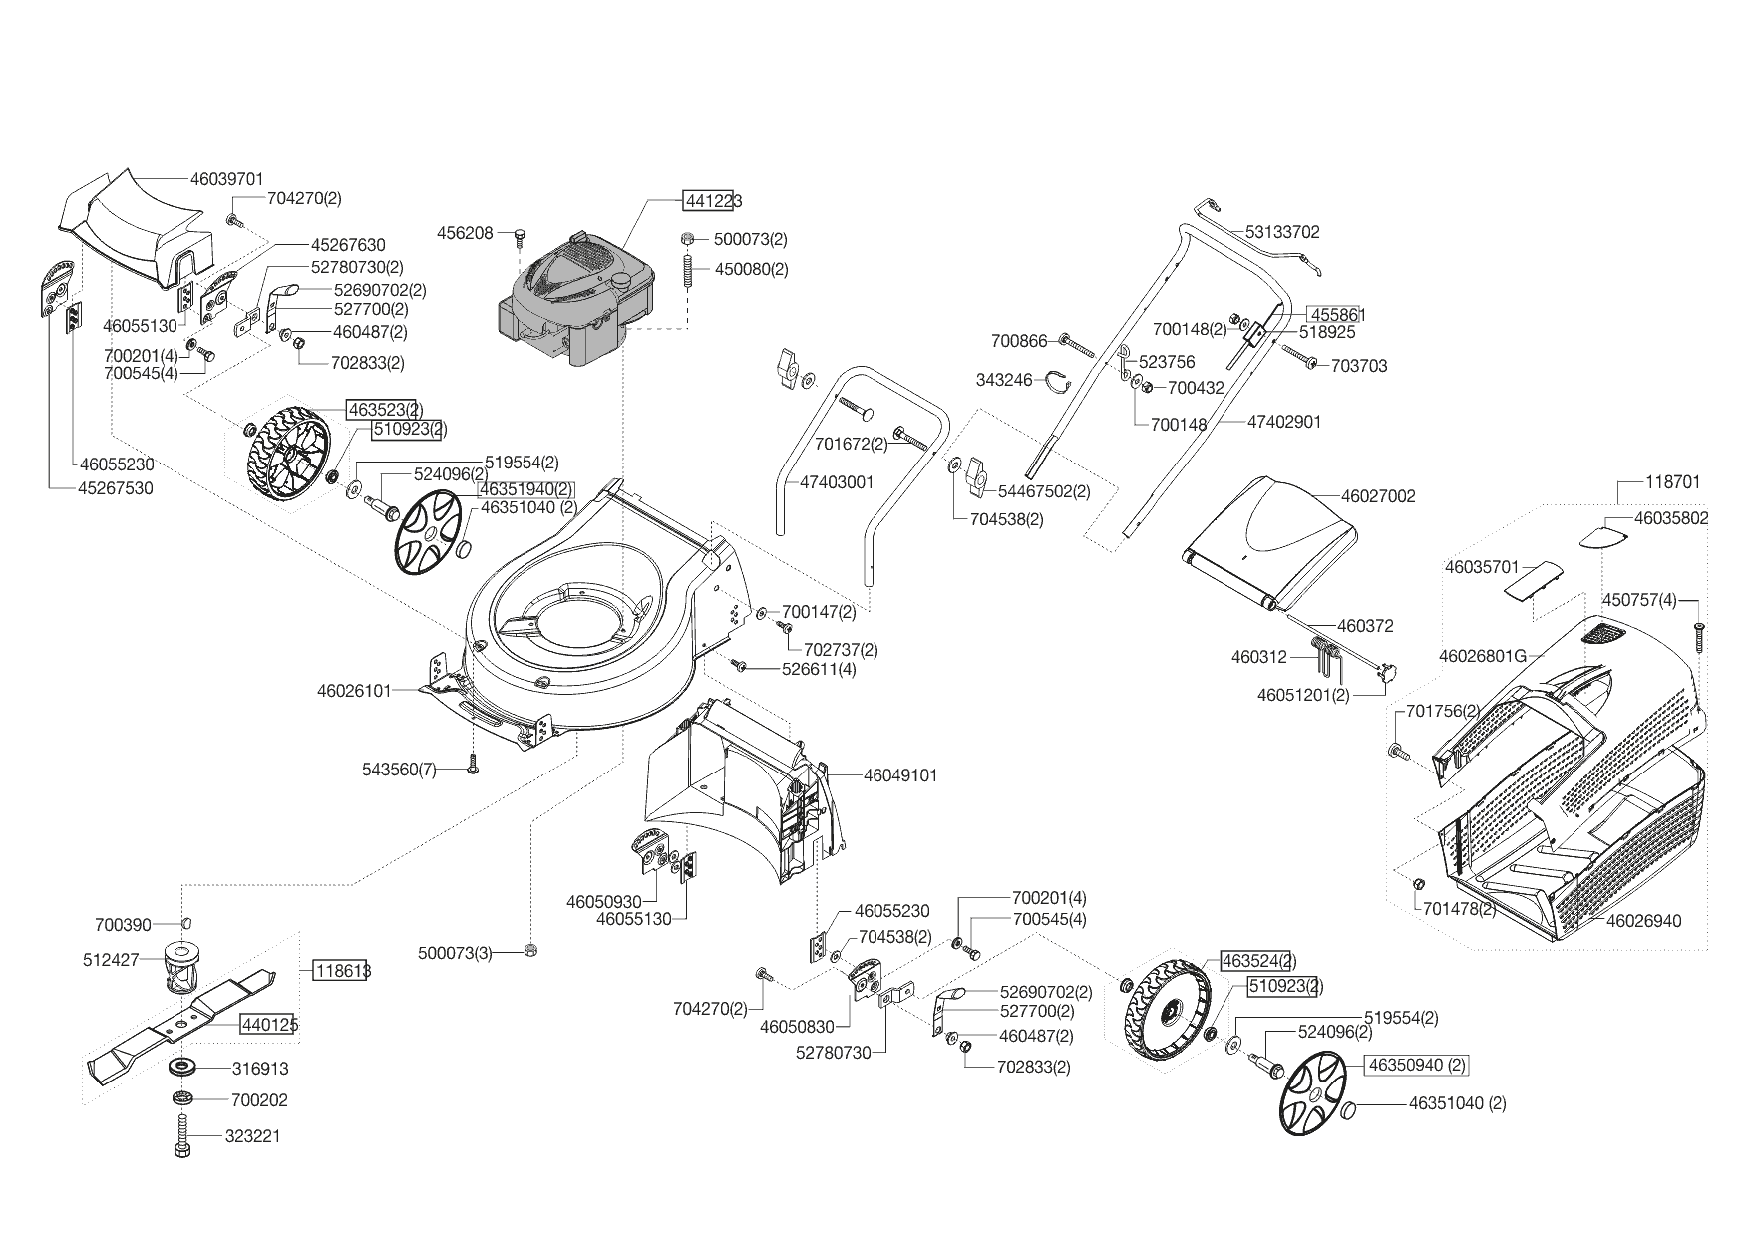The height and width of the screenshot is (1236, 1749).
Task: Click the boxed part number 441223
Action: (713, 201)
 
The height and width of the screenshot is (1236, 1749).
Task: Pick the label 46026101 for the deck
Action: (354, 690)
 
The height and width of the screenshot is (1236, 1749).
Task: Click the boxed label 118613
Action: (342, 970)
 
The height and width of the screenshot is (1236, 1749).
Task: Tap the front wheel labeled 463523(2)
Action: (288, 451)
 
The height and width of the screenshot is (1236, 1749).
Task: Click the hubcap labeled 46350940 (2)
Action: (1417, 1065)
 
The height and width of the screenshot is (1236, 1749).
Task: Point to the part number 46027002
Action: (1378, 496)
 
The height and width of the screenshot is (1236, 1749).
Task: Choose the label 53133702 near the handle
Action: (1281, 232)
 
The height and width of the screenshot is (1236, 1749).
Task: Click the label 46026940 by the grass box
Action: (1643, 921)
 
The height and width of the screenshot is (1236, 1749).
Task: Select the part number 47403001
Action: (836, 482)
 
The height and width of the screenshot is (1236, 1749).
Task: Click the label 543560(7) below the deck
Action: (399, 770)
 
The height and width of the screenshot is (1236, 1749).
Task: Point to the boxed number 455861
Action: (1337, 315)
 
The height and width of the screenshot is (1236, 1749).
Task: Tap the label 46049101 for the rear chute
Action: (899, 775)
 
